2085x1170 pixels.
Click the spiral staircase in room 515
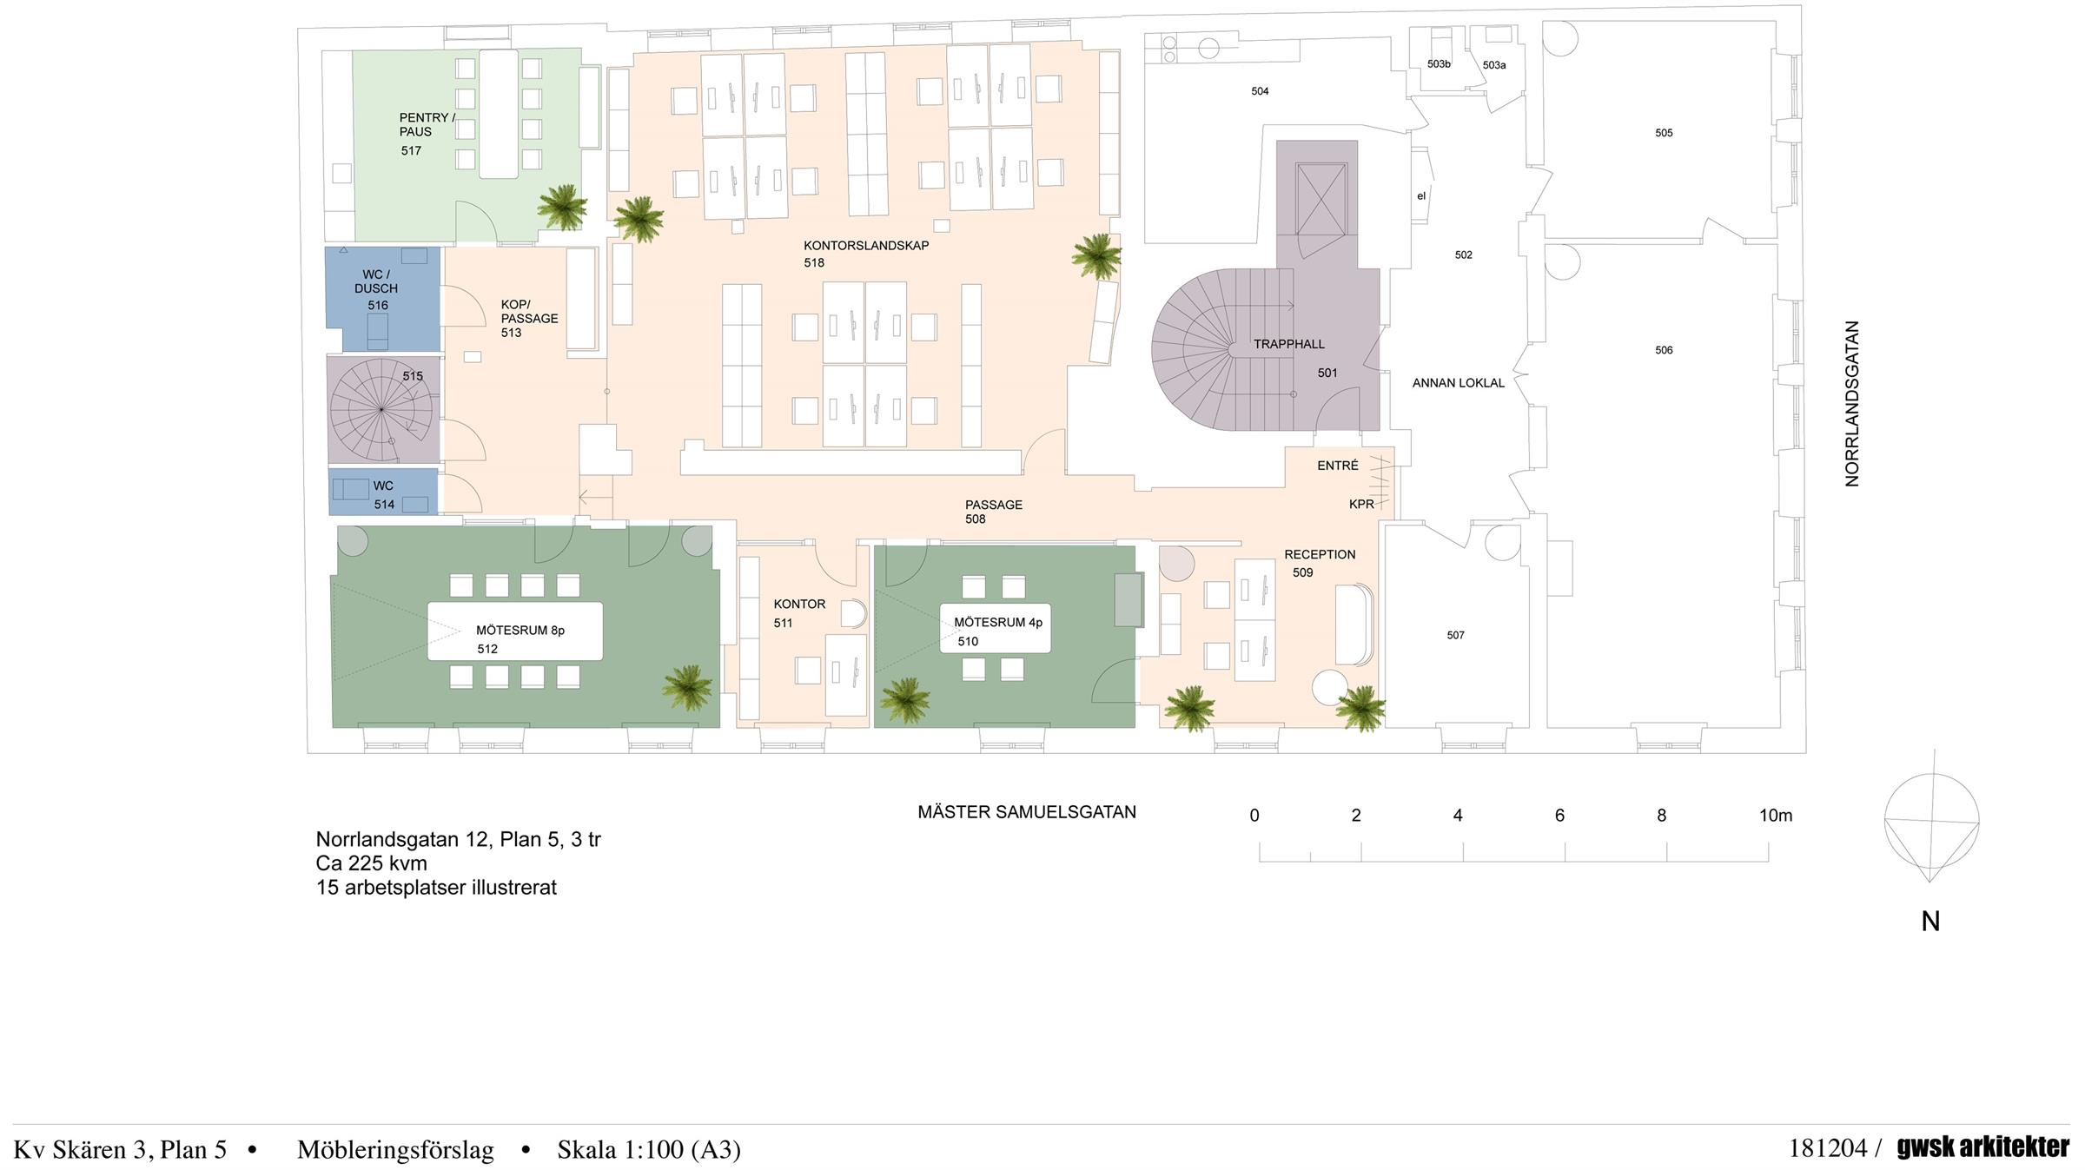(x=381, y=409)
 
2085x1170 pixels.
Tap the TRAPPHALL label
(x=1288, y=345)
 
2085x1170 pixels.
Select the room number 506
(x=1664, y=350)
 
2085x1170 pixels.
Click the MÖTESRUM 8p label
(x=520, y=631)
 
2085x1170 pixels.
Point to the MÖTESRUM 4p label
(x=998, y=623)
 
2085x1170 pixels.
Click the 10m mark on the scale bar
(x=1776, y=816)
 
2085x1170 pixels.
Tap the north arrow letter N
(x=1930, y=922)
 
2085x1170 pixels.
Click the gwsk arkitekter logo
(x=1983, y=1147)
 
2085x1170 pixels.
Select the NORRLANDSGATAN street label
(x=1852, y=404)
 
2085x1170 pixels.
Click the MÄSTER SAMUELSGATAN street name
(x=1027, y=812)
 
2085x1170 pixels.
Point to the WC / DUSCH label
(x=376, y=281)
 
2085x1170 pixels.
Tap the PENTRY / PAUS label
(x=427, y=124)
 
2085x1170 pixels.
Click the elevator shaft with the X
(x=1320, y=198)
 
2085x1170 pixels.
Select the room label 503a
(x=1494, y=65)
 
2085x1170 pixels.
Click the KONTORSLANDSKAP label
(x=866, y=246)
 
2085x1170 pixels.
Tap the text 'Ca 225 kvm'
(x=372, y=863)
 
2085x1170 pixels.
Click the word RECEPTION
(x=1320, y=554)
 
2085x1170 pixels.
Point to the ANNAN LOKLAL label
(x=1459, y=383)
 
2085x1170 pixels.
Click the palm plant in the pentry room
(x=562, y=208)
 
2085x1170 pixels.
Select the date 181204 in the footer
(x=1828, y=1148)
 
